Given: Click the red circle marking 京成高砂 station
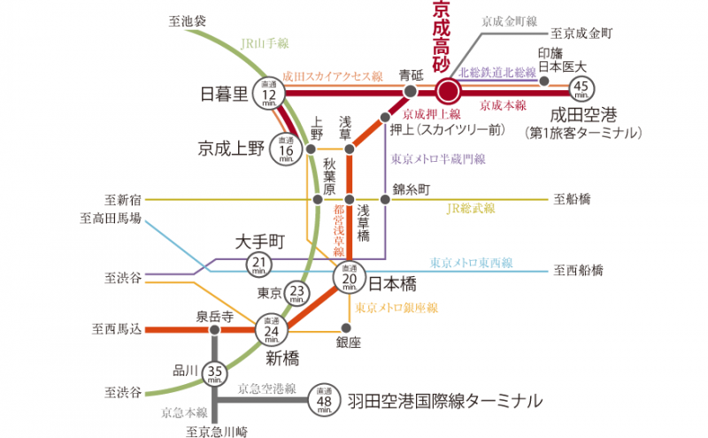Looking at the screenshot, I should [x=448, y=91].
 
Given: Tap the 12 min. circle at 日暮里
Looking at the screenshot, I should [x=270, y=92].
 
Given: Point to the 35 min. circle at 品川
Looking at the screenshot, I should [x=215, y=373].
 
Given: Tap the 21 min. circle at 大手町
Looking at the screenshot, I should [x=259, y=264].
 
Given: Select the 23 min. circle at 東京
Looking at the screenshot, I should [x=298, y=293].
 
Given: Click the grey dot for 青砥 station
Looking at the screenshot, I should [x=410, y=91].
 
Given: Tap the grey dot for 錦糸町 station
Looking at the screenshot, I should [x=384, y=199].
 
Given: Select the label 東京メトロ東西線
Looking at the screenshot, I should [x=471, y=263].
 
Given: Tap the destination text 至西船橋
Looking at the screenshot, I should [x=578, y=269].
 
